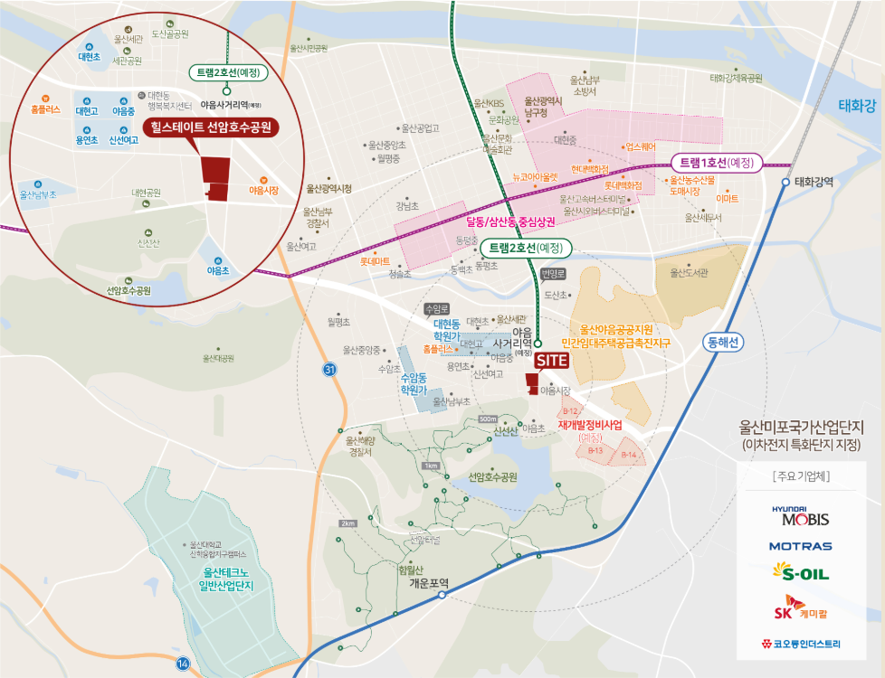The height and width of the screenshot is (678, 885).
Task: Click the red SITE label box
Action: pyautogui.click(x=551, y=360)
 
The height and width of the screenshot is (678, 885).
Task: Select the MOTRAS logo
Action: pyautogui.click(x=800, y=546)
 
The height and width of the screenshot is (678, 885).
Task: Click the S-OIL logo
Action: pyautogui.click(x=800, y=571)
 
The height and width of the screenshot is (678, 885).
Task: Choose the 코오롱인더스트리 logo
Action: pyautogui.click(x=800, y=645)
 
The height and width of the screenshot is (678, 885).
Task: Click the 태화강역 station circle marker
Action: pyautogui.click(x=785, y=182)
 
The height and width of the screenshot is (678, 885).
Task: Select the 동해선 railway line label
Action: pyautogui.click(x=723, y=343)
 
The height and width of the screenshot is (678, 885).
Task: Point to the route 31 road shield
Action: pyautogui.click(x=328, y=370)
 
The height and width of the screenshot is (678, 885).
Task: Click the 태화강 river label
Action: pyautogui.click(x=856, y=106)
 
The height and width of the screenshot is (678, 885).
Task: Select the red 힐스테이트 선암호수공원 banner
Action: pyautogui.click(x=211, y=127)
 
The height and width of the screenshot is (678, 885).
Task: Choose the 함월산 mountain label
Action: pyautogui.click(x=410, y=570)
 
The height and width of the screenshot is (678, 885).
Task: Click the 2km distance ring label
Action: pyautogui.click(x=347, y=524)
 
